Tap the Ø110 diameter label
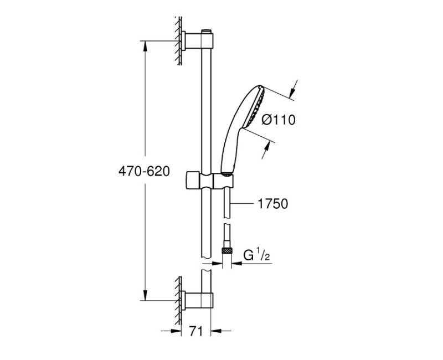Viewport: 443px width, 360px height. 278,120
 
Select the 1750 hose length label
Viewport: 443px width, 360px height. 272,204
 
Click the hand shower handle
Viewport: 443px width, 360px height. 229,150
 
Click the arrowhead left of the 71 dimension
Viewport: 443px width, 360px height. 178,331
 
